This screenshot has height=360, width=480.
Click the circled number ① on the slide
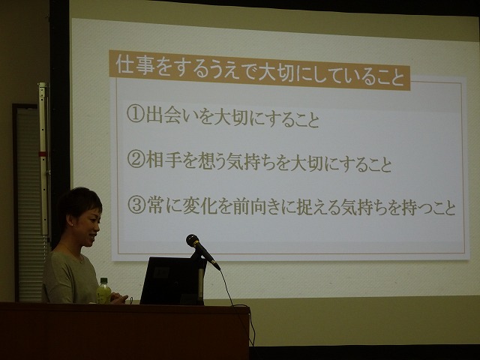[x=135, y=114]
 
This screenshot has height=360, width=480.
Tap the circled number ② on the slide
[x=136, y=159]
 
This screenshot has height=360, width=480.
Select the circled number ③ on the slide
[x=136, y=205]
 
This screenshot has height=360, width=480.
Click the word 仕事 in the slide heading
[x=135, y=65]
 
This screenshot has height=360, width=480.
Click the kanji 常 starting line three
[x=155, y=205]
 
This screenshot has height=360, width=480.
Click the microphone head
[x=193, y=240]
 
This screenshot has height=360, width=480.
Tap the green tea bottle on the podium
[x=103, y=291]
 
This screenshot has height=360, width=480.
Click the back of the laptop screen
[x=172, y=280]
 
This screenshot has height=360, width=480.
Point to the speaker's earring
[x=73, y=224]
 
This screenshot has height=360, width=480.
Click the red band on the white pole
[x=43, y=153]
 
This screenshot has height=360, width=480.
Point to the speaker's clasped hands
[x=118, y=298]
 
